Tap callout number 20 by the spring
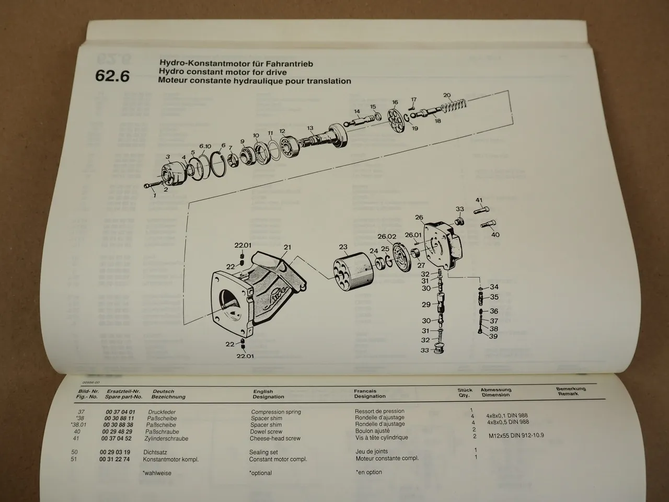(447, 95)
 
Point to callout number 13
(310, 128)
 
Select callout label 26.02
(387, 236)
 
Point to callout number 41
(479, 200)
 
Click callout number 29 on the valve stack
(426, 304)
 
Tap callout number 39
(493, 336)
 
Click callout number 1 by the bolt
(154, 195)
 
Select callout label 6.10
(205, 146)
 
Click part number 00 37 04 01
(117, 412)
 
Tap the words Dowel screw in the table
(267, 432)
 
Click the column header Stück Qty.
(465, 393)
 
